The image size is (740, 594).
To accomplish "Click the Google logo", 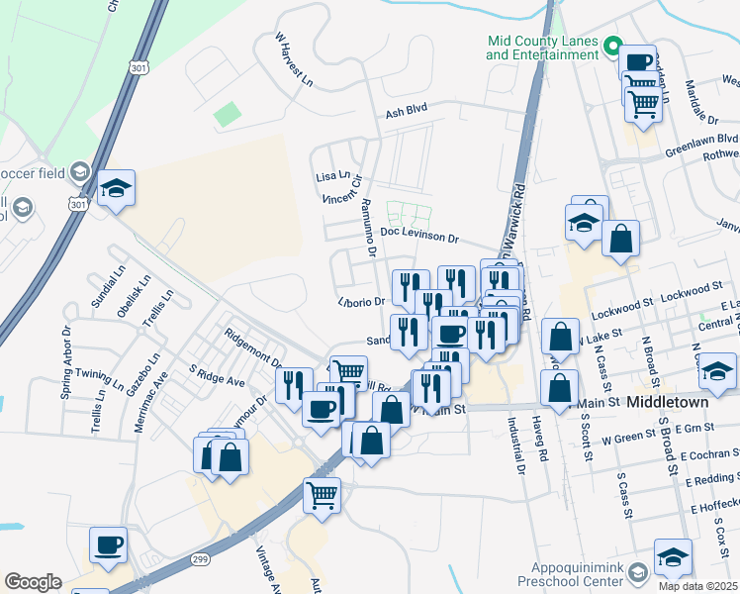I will (x=33, y=582).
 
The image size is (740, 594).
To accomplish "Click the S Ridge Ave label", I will (x=217, y=380).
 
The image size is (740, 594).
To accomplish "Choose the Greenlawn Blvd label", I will (x=701, y=140).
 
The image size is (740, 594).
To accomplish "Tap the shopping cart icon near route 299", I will (x=323, y=493).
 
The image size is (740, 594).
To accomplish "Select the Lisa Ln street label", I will (x=332, y=176).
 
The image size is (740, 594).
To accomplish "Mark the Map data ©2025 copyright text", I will (x=698, y=586).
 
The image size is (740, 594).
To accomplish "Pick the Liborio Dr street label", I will (x=360, y=301).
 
